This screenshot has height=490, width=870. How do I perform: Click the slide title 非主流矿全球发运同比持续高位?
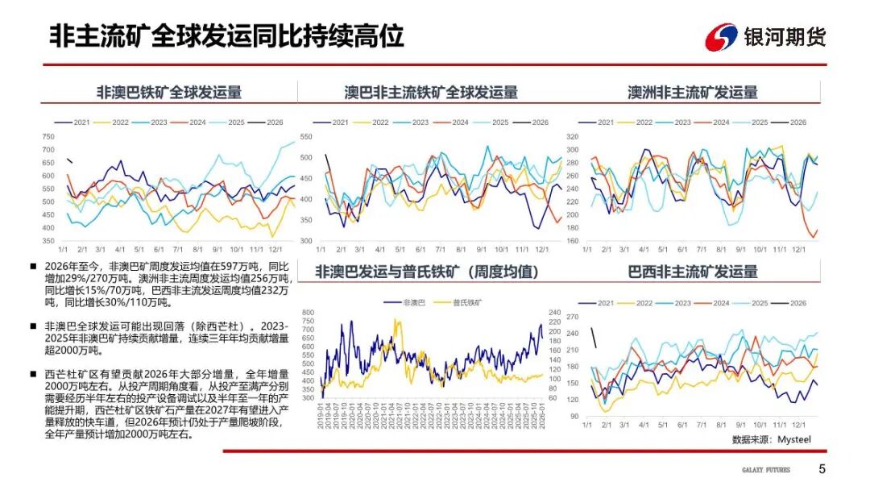pos(226,36)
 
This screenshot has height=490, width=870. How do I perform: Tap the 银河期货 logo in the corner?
pos(765,37)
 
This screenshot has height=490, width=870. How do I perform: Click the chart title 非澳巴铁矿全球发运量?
pos(168,92)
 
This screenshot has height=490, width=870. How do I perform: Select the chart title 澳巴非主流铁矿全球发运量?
pos(431,92)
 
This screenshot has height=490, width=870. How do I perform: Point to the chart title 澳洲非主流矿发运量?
pos(693,92)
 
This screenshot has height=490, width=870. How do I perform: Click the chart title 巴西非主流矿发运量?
pos(693,272)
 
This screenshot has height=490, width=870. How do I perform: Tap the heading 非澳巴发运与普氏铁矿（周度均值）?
pos(426,272)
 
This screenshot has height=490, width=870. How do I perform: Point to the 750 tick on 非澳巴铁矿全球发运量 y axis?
pos(48,136)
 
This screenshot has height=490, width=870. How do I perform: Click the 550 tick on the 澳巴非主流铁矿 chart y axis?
pos(306,137)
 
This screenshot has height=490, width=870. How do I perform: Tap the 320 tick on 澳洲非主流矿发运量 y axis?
pos(573,137)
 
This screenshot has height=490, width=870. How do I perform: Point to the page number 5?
pos(822,469)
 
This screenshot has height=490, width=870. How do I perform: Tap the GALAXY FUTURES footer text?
pos(766,470)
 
